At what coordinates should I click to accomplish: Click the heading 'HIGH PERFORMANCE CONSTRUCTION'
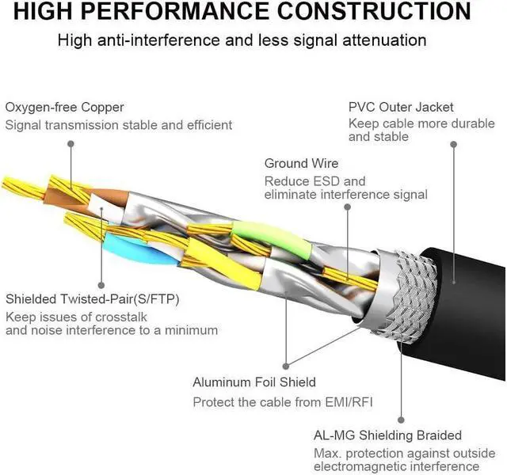point(253,12)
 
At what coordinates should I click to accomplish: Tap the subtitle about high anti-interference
point(253,40)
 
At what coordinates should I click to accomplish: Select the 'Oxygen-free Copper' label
point(65,107)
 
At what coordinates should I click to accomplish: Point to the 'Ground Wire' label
point(301,164)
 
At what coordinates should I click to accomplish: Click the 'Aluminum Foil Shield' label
point(254,382)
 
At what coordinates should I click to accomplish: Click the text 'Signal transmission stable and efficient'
point(119,125)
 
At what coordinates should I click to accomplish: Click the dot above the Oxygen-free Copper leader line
point(71,144)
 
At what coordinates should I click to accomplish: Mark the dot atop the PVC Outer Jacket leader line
point(454,145)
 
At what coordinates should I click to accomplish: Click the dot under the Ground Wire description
point(346,207)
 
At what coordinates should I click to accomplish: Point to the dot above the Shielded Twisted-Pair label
point(101,284)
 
